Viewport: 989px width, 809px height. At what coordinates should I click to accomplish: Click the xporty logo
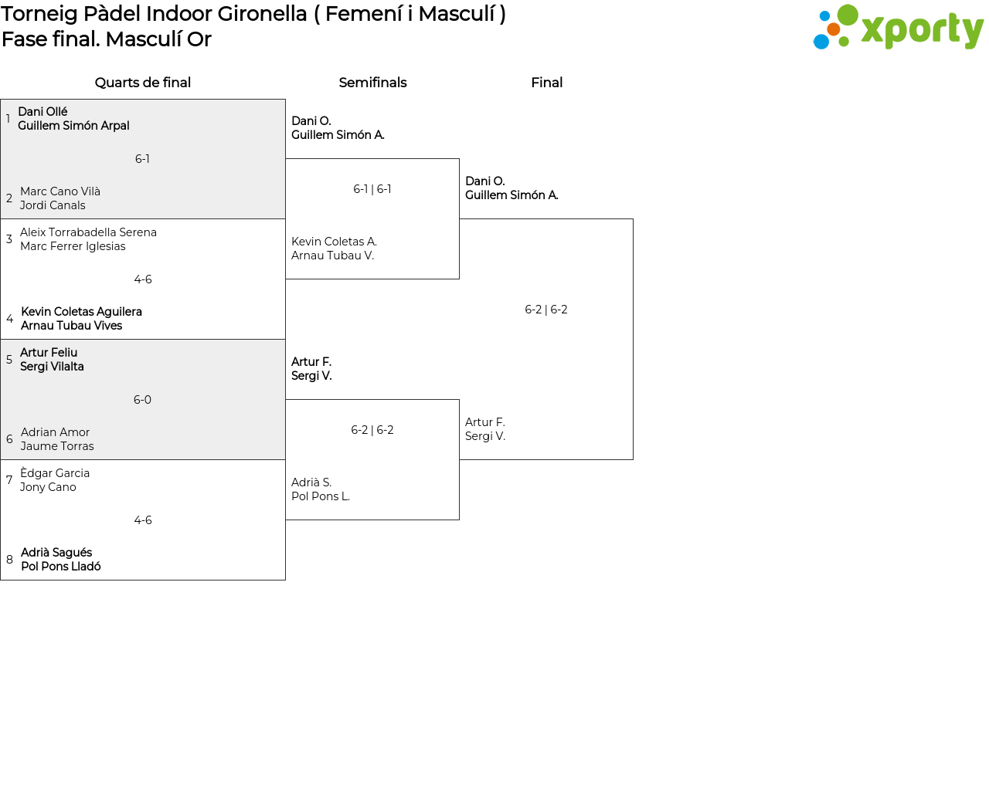[898, 27]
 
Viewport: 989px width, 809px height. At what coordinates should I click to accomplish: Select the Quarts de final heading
[143, 83]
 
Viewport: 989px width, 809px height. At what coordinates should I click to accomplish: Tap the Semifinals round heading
[372, 83]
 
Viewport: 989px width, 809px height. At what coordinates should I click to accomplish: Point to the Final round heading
[546, 83]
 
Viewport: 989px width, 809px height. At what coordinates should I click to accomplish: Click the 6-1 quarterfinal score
[142, 159]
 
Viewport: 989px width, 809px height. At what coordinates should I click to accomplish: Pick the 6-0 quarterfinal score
[142, 400]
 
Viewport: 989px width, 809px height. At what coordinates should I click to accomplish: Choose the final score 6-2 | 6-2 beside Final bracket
[545, 310]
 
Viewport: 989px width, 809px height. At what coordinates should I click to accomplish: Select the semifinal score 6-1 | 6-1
[372, 189]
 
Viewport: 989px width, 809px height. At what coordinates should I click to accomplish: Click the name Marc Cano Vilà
[60, 191]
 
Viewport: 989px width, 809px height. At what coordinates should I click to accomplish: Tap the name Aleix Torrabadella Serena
[88, 232]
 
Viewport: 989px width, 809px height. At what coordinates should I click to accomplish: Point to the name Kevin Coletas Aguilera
[81, 312]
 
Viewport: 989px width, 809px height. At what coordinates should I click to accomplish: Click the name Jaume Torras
[56, 446]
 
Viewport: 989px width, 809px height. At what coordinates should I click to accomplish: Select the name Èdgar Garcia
[54, 472]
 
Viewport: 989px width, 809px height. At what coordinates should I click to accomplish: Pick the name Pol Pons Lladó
[60, 567]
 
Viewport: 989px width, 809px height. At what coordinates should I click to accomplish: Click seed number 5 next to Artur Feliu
[9, 359]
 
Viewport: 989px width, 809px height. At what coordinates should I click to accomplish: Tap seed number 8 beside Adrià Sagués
[9, 560]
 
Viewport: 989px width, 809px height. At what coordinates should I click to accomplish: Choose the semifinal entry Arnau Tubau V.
[332, 256]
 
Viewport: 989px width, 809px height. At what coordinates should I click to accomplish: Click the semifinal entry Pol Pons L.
[321, 496]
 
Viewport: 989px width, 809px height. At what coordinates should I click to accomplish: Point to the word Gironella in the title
[262, 14]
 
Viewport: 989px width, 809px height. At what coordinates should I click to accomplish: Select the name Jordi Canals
[53, 205]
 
